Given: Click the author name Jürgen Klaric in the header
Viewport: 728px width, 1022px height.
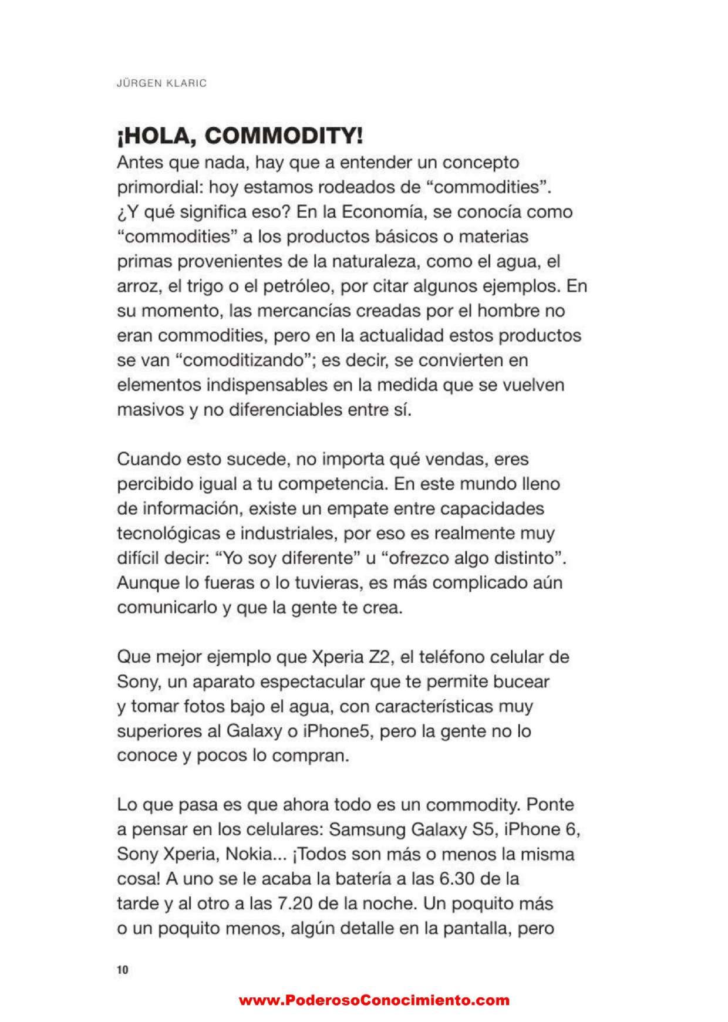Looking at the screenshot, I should coord(162,83).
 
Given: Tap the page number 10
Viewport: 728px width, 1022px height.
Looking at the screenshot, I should coord(122,970).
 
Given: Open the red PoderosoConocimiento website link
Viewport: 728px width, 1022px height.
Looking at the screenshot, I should coord(374,1000).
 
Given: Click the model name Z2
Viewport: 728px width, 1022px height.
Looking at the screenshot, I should coord(380,656).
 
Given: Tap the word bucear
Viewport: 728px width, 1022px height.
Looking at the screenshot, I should coord(522,682).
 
